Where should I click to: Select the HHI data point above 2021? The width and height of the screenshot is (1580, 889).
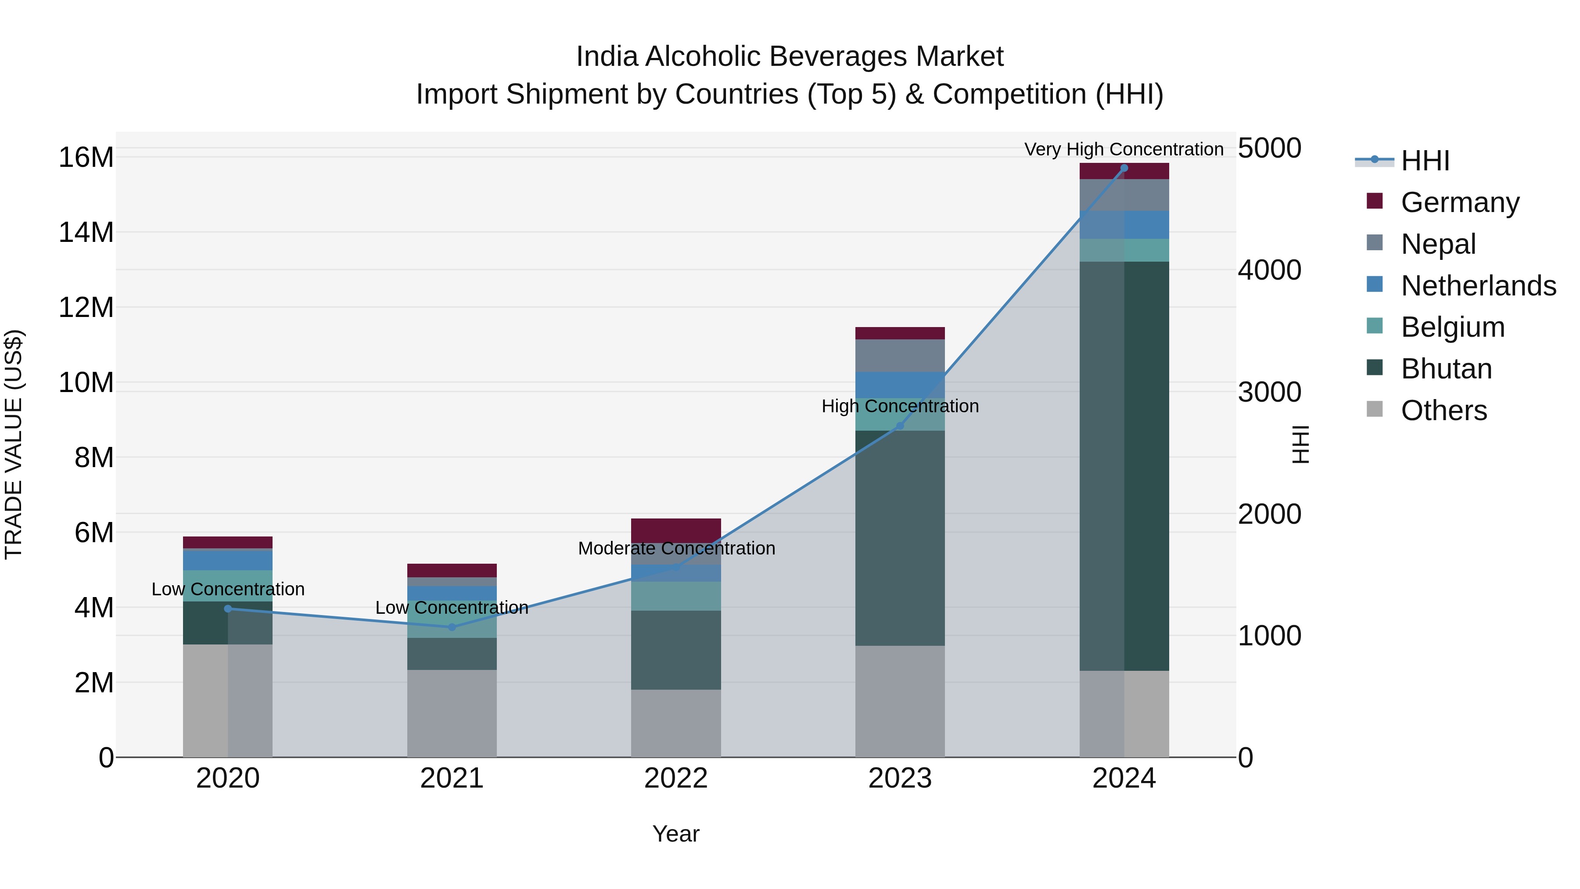(x=452, y=627)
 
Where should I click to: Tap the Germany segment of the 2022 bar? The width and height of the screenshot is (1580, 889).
(x=676, y=530)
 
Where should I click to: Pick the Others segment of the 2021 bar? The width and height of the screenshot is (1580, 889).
(x=452, y=713)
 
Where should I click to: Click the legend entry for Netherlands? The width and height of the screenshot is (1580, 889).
(x=1478, y=286)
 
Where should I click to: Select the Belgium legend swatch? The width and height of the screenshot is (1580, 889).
(x=1375, y=326)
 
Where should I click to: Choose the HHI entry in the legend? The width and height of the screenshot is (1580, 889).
(x=1425, y=161)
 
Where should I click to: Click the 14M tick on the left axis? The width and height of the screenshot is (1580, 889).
(x=86, y=233)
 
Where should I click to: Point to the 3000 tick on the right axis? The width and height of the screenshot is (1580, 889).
(x=1269, y=392)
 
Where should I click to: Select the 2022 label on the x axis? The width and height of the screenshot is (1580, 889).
(x=676, y=778)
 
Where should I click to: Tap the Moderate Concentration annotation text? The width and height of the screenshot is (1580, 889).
(x=676, y=548)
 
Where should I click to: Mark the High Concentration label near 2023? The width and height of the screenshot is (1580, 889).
(x=900, y=406)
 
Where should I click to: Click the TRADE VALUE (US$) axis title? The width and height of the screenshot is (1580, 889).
(x=14, y=444)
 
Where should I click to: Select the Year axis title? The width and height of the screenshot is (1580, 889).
(x=676, y=834)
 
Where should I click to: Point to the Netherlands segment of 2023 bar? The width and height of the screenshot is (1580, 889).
(x=900, y=385)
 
